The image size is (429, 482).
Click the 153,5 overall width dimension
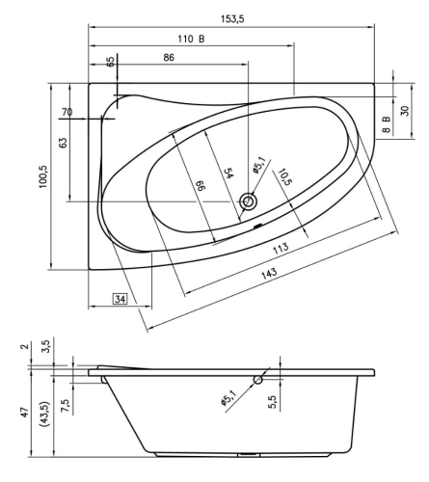231,18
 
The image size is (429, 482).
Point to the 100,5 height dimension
43,170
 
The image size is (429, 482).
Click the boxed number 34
121,300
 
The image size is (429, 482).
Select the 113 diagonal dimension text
281,247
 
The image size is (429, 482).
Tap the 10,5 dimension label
283,179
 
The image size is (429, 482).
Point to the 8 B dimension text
384,122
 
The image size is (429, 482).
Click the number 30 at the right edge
405,110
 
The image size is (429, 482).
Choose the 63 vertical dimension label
63,144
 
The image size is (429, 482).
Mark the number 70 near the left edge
67,113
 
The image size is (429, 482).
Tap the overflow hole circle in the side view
258,380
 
